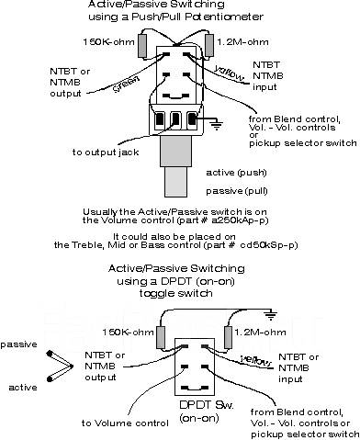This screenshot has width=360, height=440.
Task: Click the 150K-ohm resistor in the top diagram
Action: click(x=143, y=46)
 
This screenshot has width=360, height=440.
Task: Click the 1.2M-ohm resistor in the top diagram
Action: click(x=209, y=45)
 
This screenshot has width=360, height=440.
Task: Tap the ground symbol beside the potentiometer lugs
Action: click(x=217, y=125)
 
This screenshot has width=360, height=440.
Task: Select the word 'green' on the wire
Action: click(x=127, y=84)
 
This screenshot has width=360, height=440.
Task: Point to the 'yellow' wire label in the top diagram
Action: click(x=230, y=73)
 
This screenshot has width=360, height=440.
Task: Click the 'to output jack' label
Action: click(x=106, y=152)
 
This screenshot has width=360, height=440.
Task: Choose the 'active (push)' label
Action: click(x=236, y=173)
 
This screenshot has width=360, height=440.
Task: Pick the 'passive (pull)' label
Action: click(x=237, y=191)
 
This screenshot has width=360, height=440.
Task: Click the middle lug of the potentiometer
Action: click(x=174, y=118)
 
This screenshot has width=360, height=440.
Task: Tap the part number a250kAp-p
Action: click(x=240, y=220)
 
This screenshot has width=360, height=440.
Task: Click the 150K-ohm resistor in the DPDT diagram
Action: click(x=161, y=337)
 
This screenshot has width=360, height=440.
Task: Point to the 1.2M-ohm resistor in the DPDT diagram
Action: click(x=229, y=337)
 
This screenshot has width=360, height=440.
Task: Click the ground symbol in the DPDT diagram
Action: click(x=271, y=315)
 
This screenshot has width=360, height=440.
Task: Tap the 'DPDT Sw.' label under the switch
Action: click(x=207, y=405)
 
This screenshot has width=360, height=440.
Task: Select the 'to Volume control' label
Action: click(x=125, y=423)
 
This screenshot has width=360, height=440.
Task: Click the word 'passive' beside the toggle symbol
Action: click(x=18, y=345)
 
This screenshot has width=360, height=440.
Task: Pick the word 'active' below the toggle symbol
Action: click(x=23, y=388)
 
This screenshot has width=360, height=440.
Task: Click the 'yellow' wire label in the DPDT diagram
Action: click(x=256, y=361)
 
